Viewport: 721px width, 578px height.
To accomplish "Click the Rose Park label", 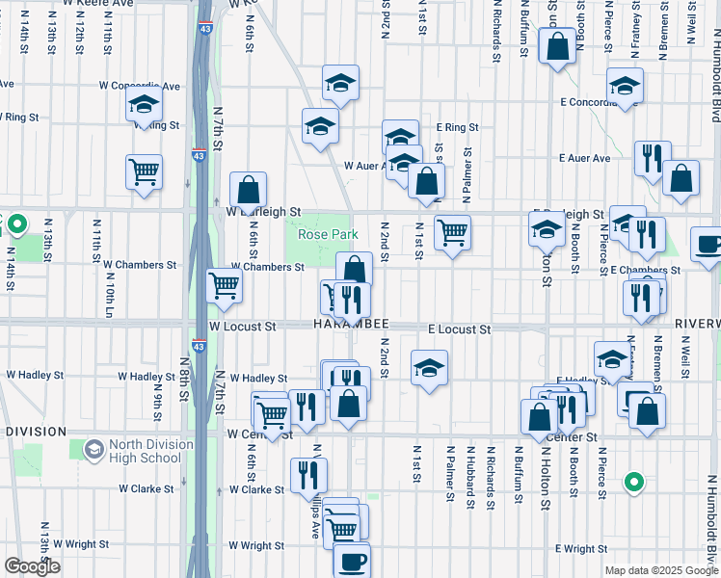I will click(x=328, y=234).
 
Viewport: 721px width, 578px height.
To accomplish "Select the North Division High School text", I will click(x=145, y=451).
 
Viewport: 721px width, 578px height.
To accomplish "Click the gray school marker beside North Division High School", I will click(x=94, y=449).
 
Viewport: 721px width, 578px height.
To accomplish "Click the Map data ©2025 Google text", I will click(x=660, y=570).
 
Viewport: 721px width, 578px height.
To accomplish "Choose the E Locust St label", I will click(x=459, y=329).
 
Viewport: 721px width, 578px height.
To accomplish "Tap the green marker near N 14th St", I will click(x=16, y=225).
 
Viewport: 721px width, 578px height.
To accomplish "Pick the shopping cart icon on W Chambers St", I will click(x=224, y=284).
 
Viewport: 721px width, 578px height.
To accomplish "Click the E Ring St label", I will click(x=457, y=126).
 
